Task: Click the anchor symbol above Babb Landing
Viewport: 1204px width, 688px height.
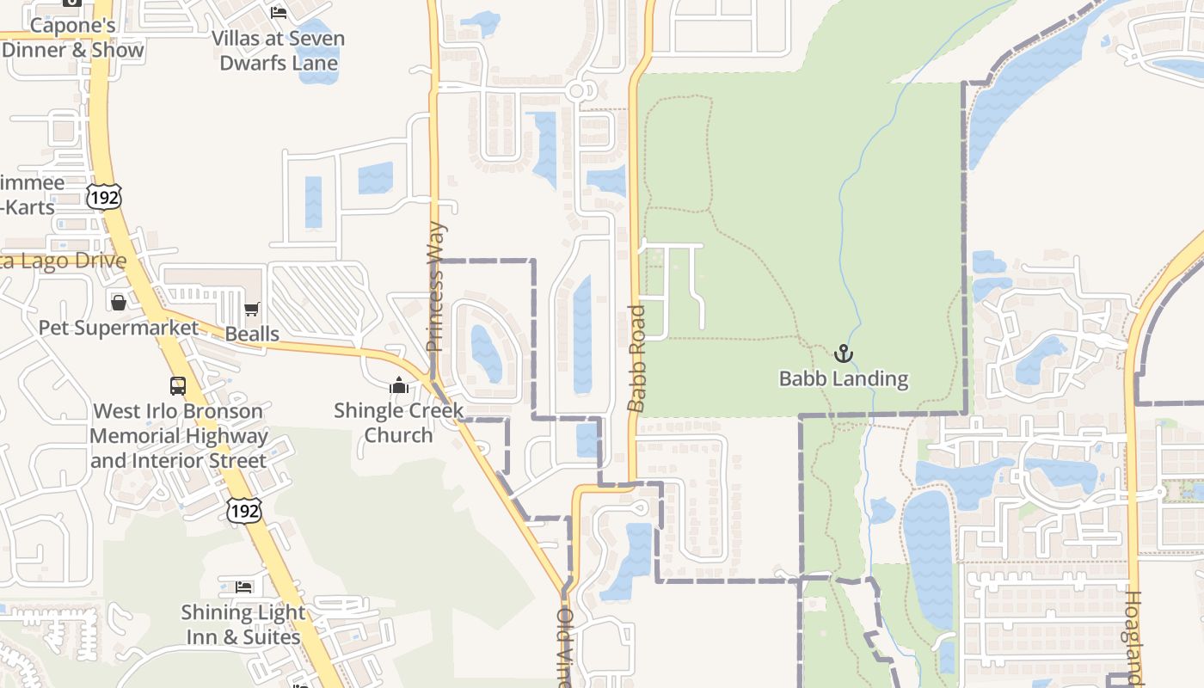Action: (x=844, y=353)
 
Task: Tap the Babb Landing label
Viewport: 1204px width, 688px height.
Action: (x=844, y=378)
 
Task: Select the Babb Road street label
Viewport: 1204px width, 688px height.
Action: (x=636, y=358)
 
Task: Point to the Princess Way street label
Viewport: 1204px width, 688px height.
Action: (x=436, y=286)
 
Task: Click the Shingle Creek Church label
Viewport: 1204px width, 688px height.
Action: (x=398, y=422)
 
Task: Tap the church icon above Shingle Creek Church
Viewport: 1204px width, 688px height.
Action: (x=398, y=385)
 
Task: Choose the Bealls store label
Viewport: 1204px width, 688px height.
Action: (x=252, y=334)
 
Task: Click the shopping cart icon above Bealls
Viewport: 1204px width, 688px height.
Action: (x=252, y=309)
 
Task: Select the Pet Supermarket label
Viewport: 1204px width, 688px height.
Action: (x=119, y=328)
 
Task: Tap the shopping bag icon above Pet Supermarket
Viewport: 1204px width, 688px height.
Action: (x=119, y=303)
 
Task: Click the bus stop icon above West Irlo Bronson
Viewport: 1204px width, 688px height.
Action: (x=178, y=385)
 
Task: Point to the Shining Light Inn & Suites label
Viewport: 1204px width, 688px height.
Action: (x=243, y=624)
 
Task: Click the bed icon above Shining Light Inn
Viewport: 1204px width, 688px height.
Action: (x=243, y=587)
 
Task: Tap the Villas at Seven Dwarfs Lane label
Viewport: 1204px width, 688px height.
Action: (x=279, y=50)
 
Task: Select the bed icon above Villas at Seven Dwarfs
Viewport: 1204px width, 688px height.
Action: (x=279, y=12)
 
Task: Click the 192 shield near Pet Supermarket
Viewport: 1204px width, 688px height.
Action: (x=103, y=197)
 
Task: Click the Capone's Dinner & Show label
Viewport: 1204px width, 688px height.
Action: (x=73, y=37)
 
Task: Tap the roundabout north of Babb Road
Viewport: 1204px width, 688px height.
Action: (x=577, y=90)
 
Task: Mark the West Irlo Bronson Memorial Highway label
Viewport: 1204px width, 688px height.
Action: (x=178, y=435)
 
